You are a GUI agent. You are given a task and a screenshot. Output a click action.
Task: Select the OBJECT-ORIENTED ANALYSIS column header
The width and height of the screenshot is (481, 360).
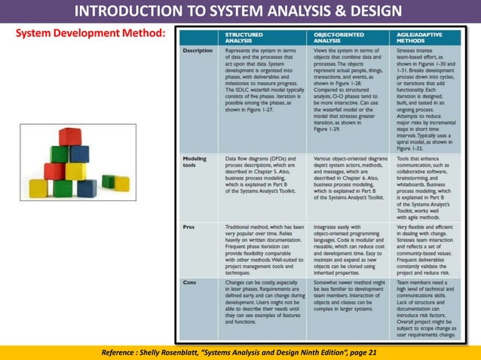pyautogui.click(x=335, y=38)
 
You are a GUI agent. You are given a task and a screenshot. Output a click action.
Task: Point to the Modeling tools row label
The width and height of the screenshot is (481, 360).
pyautogui.click(x=195, y=163)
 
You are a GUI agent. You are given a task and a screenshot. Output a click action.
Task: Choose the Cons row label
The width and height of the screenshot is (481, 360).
pyautogui.click(x=190, y=282)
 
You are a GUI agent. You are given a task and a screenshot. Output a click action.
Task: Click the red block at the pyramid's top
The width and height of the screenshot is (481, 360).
pyautogui.click(x=70, y=137)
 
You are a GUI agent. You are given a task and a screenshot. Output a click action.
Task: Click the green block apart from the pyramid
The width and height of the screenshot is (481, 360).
pyautogui.click(x=109, y=181)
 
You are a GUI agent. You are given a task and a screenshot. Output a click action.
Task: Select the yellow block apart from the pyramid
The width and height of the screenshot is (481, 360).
pyautogui.click(x=121, y=184)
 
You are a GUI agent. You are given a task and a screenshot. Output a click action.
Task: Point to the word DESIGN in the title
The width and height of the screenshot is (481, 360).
pyautogui.click(x=374, y=11)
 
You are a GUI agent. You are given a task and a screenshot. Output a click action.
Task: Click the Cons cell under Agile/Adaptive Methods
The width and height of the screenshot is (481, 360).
pyautogui.click(x=427, y=307)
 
